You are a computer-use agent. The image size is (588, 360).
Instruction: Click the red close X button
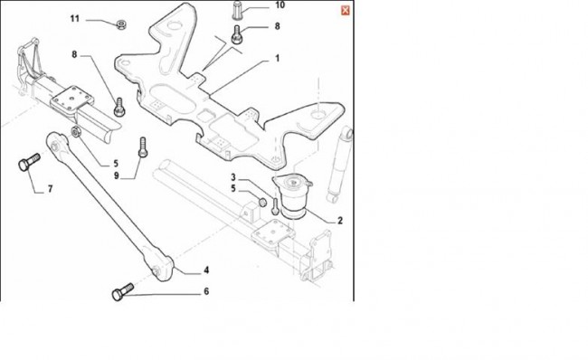click(x=346, y=11)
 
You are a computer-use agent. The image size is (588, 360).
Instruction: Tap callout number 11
click(x=75, y=18)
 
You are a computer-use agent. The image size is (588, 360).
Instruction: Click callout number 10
click(x=280, y=5)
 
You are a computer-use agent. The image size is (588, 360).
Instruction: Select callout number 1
click(x=277, y=59)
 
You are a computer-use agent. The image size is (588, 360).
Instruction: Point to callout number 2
click(x=340, y=221)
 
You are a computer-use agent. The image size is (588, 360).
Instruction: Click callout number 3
click(x=233, y=177)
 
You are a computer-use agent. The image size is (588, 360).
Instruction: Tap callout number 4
click(x=206, y=270)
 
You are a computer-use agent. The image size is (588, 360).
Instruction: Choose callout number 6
click(x=206, y=291)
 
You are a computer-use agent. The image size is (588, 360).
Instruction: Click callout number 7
click(x=51, y=189)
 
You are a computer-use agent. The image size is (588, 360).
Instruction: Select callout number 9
click(x=117, y=175)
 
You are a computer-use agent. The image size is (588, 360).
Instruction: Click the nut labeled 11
click(x=121, y=24)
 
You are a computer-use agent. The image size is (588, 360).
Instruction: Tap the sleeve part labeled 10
click(x=238, y=9)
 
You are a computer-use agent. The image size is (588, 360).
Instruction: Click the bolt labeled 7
click(x=29, y=162)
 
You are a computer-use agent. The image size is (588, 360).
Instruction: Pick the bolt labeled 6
click(x=123, y=292)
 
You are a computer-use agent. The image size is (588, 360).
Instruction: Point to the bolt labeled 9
click(x=143, y=147)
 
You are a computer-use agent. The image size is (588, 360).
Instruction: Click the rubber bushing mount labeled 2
click(x=293, y=196)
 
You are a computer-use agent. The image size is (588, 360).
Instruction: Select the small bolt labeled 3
click(x=275, y=206)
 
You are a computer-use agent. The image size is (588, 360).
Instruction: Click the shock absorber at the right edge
click(x=339, y=165)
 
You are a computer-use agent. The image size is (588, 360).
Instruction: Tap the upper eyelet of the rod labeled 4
click(x=56, y=142)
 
